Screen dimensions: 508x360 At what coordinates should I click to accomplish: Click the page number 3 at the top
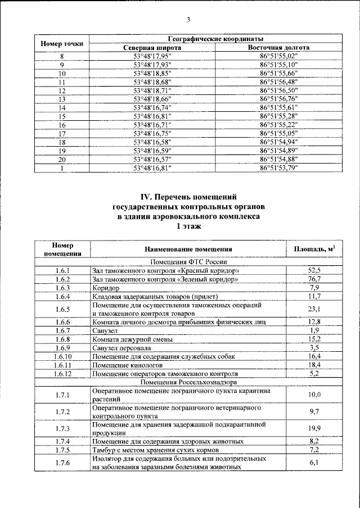188,20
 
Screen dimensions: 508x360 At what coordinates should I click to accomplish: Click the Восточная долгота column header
278,48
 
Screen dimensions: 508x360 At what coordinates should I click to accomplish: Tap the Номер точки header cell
62,43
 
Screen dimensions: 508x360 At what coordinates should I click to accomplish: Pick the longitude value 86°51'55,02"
278,56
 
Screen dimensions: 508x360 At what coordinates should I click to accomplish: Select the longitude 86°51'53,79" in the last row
278,167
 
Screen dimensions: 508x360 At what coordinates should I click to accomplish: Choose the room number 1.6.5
62,309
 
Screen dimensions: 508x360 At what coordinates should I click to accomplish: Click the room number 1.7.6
62,463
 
